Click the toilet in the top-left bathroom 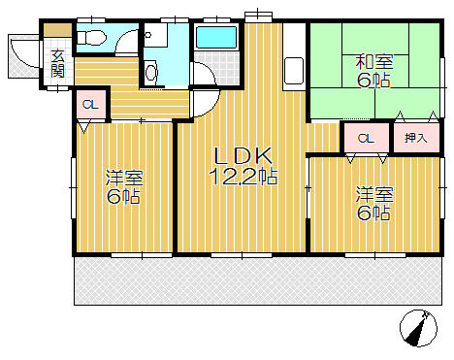tap(91, 38)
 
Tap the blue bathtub tap(216, 38)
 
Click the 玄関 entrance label tap(58, 64)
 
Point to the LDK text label tap(243, 156)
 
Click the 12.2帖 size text tap(243, 177)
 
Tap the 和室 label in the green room tap(374, 62)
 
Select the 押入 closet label tap(416, 138)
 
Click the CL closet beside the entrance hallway tap(90, 105)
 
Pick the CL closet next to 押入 tap(366, 139)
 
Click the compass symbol tap(418, 328)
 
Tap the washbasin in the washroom tap(151, 74)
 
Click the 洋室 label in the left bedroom tap(124, 179)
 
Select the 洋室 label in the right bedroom tap(374, 194)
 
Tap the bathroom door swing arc tap(208, 71)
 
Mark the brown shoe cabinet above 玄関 tap(57, 30)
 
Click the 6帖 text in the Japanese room tap(373, 80)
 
